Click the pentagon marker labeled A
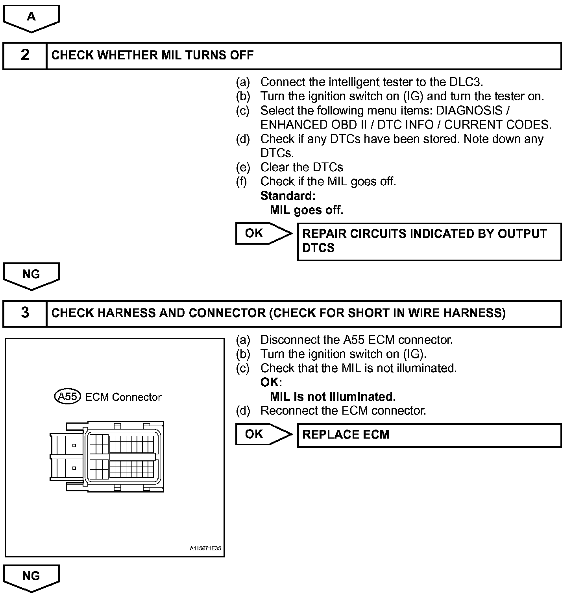tap(31, 17)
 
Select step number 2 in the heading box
tap(25, 55)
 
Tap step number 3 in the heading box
tap(25, 313)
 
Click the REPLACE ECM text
tap(346, 435)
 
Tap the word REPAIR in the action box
tap(324, 234)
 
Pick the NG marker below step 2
tap(31, 275)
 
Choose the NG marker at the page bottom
tap(31, 577)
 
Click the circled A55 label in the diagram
tap(67, 397)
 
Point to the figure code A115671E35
tap(205, 548)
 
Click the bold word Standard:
tap(288, 196)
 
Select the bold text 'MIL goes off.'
tap(307, 210)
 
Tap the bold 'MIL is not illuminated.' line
tap(333, 397)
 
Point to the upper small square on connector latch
tap(74, 446)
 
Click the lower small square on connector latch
tap(74, 469)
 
